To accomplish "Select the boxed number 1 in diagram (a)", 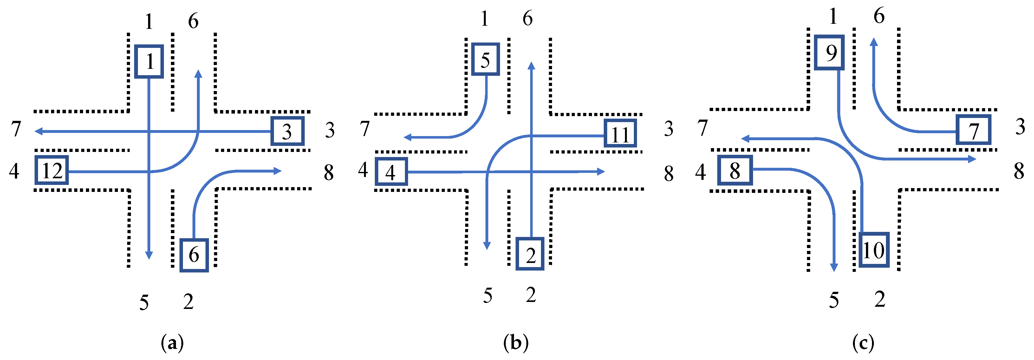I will pos(149,62).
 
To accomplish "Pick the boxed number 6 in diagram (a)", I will pos(194,255).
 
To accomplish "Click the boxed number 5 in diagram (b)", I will pos(485,59).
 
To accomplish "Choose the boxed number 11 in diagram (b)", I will pos(620,133).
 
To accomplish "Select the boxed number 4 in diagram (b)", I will pos(391,172).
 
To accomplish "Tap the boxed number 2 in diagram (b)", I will pos(530,254).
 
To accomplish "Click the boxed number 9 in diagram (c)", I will pos(829,53).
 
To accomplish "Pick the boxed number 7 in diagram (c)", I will pos(973,130).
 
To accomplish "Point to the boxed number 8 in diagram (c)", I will pos(735,170).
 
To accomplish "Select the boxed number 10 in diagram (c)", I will pos(874,250).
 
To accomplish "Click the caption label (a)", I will pos(172,343).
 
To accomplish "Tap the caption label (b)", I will pos(516,343).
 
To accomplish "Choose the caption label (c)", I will pos(863,343).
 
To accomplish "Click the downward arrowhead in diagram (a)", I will pos(149,255).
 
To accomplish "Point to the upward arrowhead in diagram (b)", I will pos(531,66).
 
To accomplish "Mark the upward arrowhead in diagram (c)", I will pos(874,42).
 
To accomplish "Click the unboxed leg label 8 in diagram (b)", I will pos(668,174).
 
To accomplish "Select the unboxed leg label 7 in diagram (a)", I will pos(16,129).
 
